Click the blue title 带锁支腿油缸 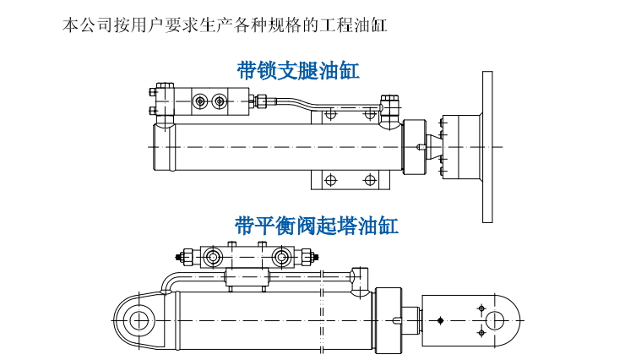pos(298,70)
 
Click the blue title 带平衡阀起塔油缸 pos(317,226)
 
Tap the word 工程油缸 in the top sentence pos(358,25)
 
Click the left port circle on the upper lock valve pos(200,101)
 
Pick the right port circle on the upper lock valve pos(220,101)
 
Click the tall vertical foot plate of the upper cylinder pos(487,147)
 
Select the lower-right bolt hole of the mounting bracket pos(369,180)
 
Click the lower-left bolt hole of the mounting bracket pos(330,180)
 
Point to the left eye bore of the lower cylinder pos(138,320)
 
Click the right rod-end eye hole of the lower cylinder pos(495,320)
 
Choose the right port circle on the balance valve pos(285,256)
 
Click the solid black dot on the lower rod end pos(440,320)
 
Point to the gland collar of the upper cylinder pos(416,147)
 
